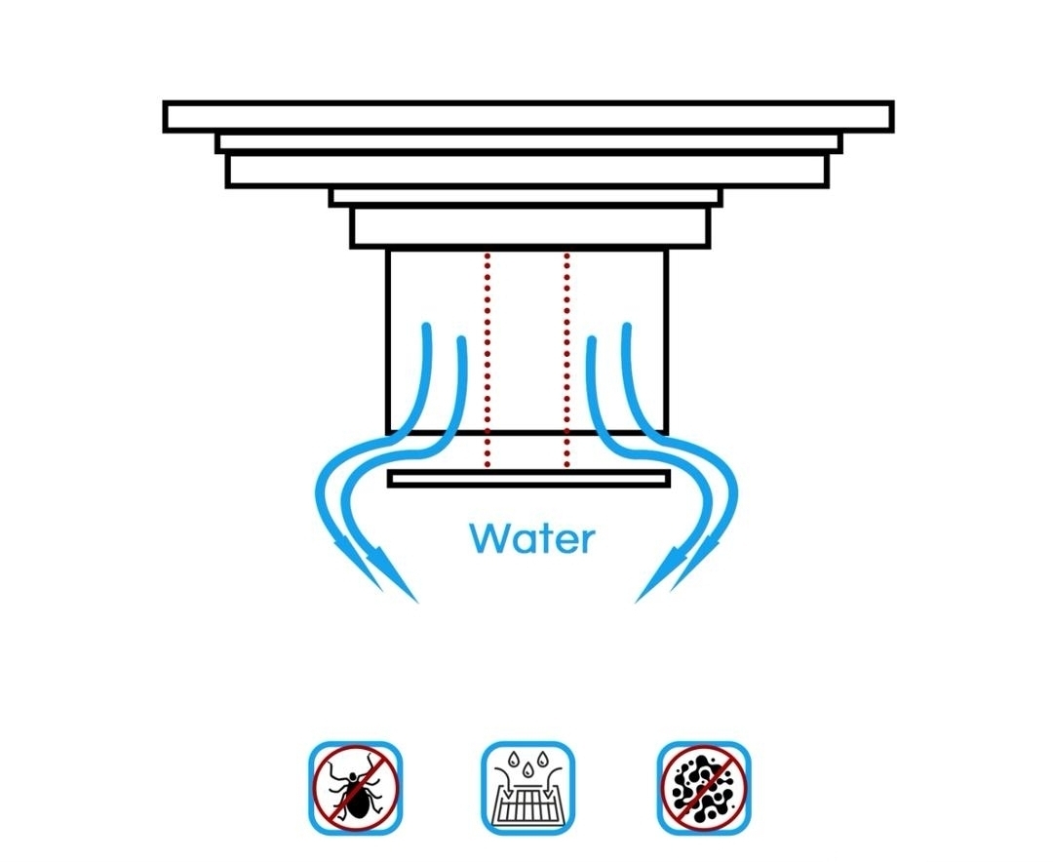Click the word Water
point(532,539)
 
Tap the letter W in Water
point(489,539)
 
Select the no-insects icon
point(355,788)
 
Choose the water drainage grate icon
point(527,788)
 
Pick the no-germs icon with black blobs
point(703,788)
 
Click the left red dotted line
point(487,360)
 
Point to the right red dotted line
point(567,360)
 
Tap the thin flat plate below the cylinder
point(529,479)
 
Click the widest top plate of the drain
point(528,117)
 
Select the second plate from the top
point(529,143)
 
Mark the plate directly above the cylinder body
point(529,228)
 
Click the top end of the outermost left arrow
point(426,328)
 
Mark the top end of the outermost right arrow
point(627,328)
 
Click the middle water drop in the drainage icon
point(527,766)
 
